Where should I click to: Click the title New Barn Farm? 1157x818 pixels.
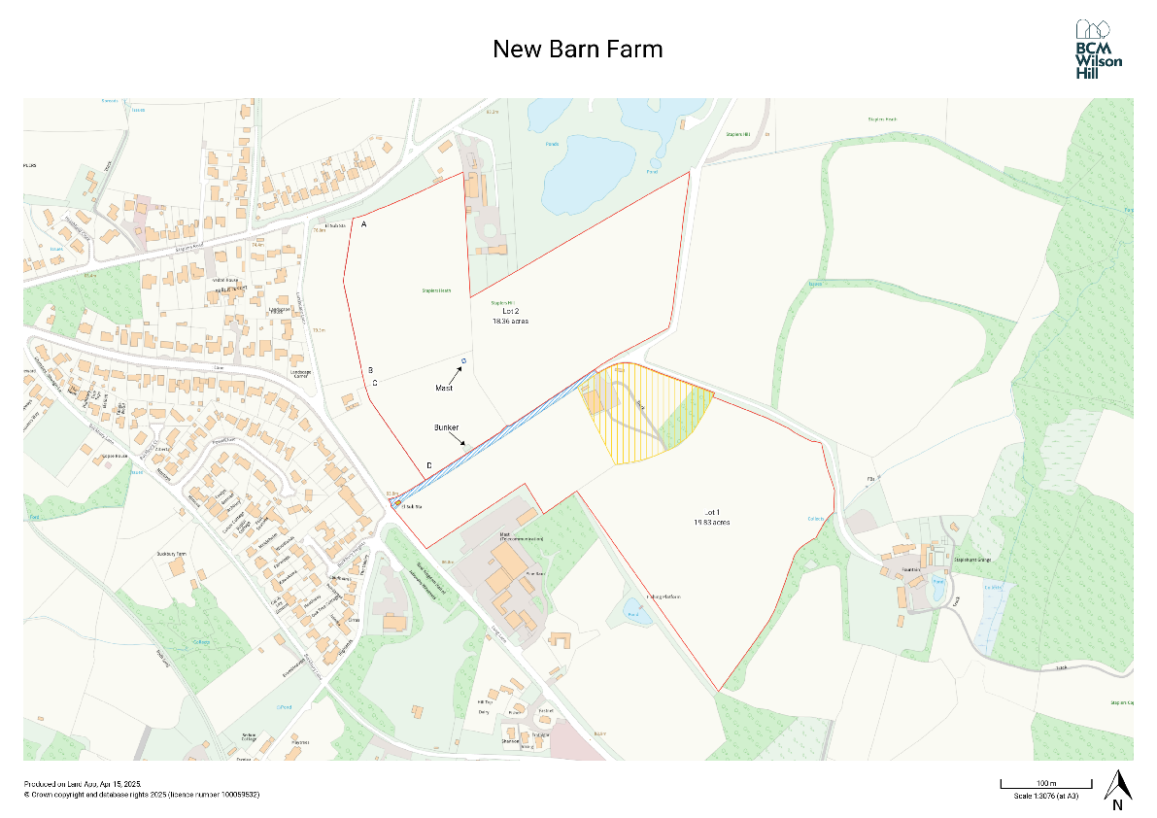point(578,49)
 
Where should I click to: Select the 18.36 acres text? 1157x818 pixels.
point(510,321)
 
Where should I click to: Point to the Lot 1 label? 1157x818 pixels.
point(715,511)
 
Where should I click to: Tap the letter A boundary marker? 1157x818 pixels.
point(363,224)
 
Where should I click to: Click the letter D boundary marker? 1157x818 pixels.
point(429,465)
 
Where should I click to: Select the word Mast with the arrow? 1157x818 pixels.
point(443,387)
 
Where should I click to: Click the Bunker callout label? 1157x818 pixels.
point(446,427)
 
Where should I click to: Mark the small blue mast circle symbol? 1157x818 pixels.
point(463,361)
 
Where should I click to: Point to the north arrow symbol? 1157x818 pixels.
point(1118,785)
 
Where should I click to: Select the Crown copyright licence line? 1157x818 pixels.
point(142,795)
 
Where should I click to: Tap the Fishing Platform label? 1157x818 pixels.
point(664,596)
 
